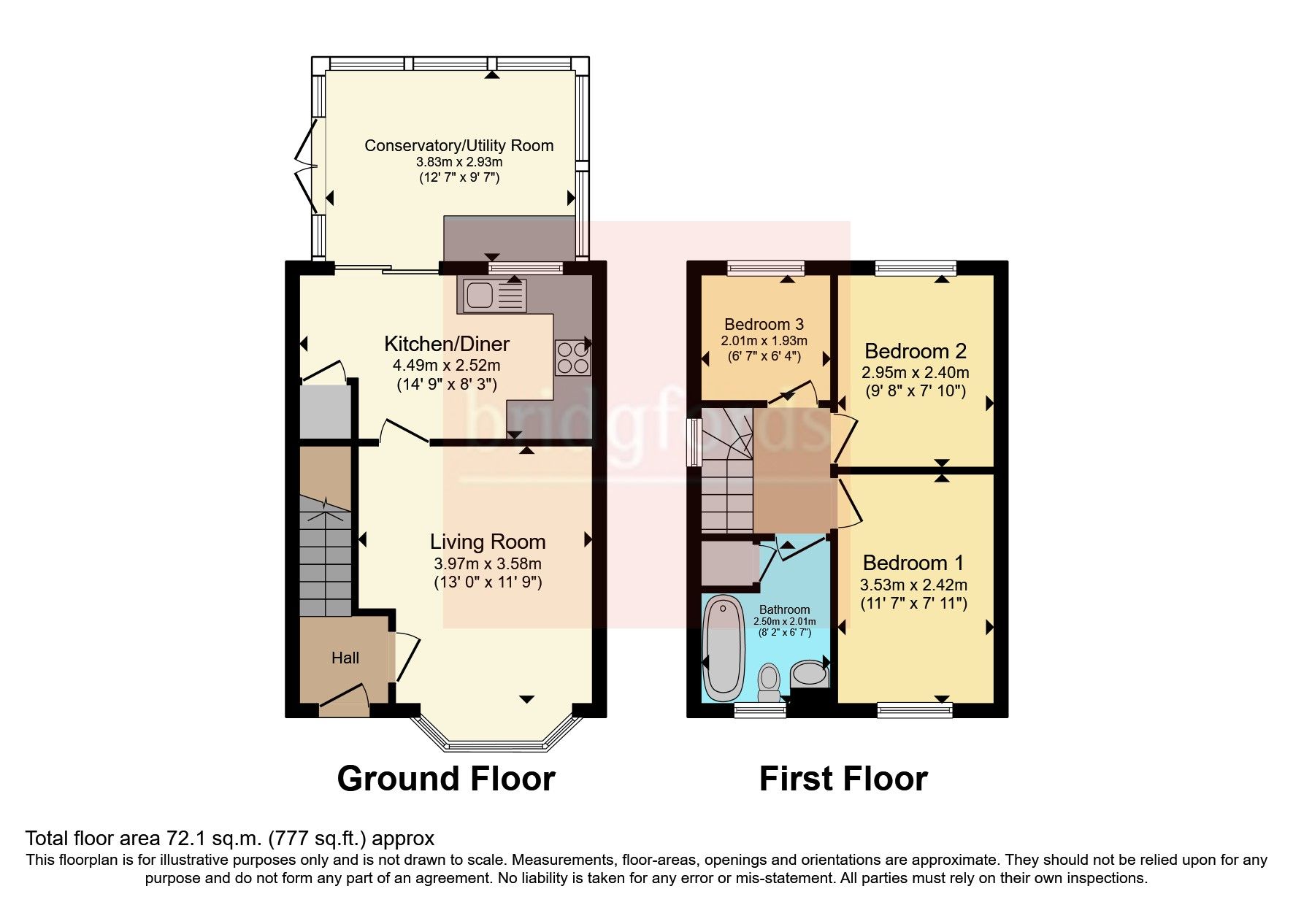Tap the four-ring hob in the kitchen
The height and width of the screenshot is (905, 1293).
click(x=572, y=358)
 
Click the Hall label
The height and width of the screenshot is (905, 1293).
click(x=345, y=658)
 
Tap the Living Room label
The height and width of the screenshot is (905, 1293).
click(x=487, y=542)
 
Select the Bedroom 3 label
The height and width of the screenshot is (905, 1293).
click(x=764, y=324)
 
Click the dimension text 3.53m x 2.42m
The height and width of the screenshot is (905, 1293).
click(x=913, y=585)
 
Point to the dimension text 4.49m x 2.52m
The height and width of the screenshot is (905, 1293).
click(x=447, y=365)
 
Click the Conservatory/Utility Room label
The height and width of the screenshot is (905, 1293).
click(x=459, y=145)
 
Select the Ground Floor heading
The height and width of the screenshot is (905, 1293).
click(x=445, y=779)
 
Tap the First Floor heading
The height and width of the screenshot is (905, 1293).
click(x=843, y=779)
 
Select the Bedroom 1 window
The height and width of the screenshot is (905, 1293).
click(x=914, y=709)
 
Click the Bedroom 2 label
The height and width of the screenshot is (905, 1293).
click(x=915, y=351)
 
